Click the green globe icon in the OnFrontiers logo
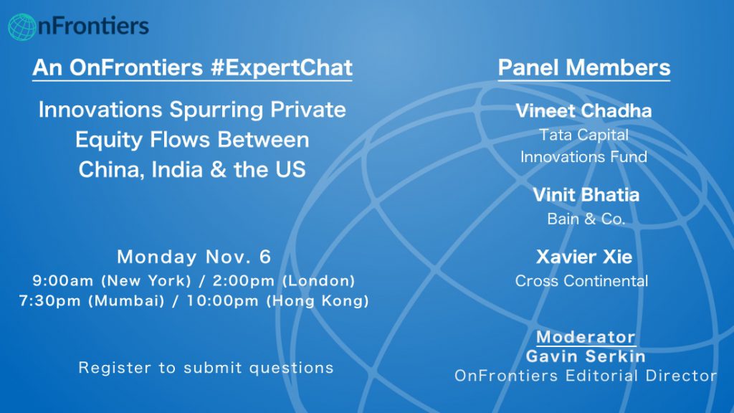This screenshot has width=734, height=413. pyautogui.click(x=22, y=27)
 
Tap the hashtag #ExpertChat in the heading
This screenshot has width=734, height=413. pyautogui.click(x=281, y=67)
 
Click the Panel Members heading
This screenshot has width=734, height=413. pyautogui.click(x=583, y=67)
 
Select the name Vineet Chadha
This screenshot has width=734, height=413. pyautogui.click(x=583, y=110)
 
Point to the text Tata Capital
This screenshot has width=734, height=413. pyautogui.click(x=583, y=135)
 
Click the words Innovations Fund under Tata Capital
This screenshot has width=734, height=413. pyautogui.click(x=583, y=156)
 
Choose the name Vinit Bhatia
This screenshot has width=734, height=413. pyautogui.click(x=586, y=195)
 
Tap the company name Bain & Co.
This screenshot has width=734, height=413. pyautogui.click(x=586, y=219)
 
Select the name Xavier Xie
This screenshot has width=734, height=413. pyautogui.click(x=584, y=257)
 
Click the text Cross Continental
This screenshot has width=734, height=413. pyautogui.click(x=582, y=281)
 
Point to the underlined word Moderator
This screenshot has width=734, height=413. pyautogui.click(x=586, y=337)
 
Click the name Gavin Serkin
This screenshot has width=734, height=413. pyautogui.click(x=586, y=356)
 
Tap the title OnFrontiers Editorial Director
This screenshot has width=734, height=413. pyautogui.click(x=586, y=376)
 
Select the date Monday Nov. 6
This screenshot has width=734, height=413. pyautogui.click(x=194, y=257)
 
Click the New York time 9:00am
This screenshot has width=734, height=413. pyautogui.click(x=63, y=280)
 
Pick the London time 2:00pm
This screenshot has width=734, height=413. pyautogui.click(x=244, y=280)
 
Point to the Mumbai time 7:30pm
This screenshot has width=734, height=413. pyautogui.click(x=49, y=300)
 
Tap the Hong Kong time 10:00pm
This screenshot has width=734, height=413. pyautogui.click(x=223, y=300)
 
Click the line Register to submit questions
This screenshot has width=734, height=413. pyautogui.click(x=206, y=368)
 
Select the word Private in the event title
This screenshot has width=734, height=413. pyautogui.click(x=308, y=110)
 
